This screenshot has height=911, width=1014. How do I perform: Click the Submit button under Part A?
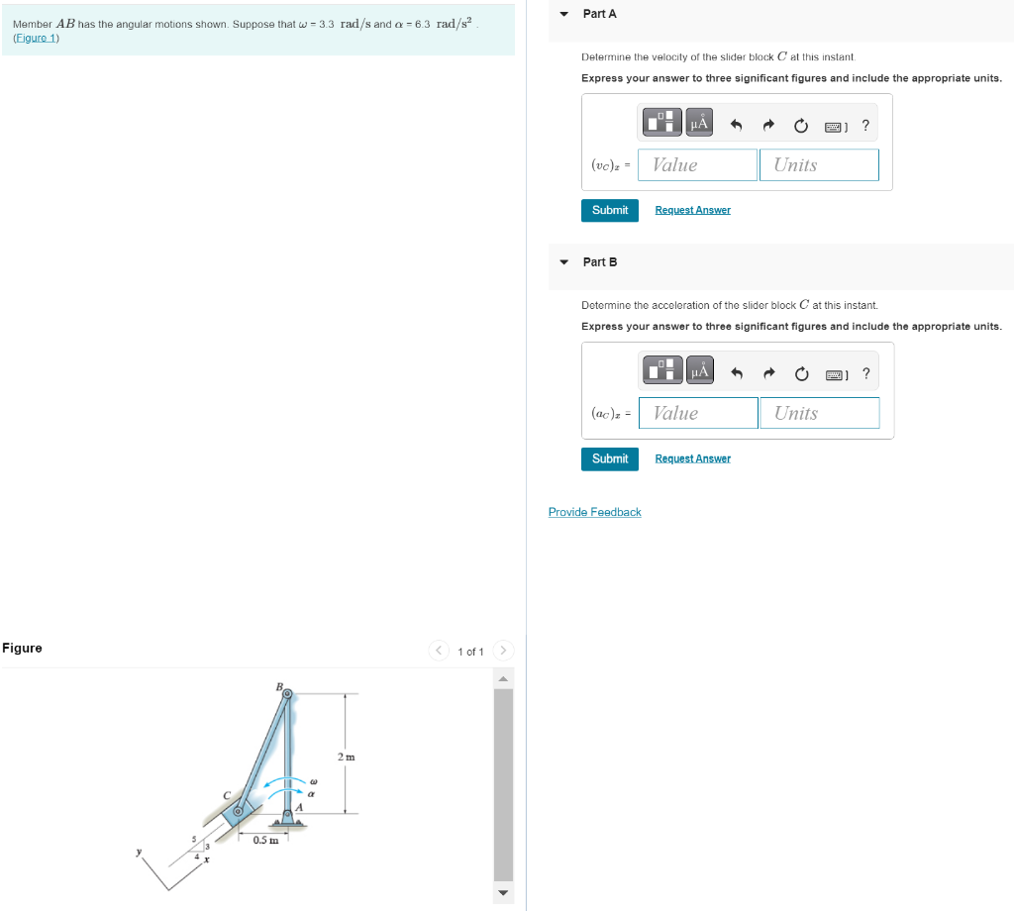point(609,210)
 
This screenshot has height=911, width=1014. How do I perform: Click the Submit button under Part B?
point(609,458)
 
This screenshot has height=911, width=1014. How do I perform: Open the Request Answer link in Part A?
point(692,210)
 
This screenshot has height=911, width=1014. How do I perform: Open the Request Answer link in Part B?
point(692,458)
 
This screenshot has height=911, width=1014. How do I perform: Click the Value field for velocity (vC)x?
point(697,165)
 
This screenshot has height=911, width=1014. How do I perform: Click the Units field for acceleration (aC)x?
point(819,413)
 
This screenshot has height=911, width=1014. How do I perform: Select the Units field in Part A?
point(818,165)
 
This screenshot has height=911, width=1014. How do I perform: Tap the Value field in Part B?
point(698,413)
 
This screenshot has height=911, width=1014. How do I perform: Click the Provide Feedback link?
point(594,512)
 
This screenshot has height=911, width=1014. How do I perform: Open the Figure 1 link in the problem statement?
point(36,38)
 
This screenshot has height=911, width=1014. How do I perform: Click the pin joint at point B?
point(287,695)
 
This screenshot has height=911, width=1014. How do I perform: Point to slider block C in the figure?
point(238,812)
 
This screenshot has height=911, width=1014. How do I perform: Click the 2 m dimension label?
point(346,758)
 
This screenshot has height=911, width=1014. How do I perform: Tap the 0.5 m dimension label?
point(264,841)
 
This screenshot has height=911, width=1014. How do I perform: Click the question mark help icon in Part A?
point(865,125)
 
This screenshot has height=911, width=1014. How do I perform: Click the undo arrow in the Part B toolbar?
point(736,373)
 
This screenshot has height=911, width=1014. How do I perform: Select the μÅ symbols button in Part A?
point(699,124)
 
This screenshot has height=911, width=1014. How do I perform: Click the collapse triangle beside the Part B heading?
point(563,262)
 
